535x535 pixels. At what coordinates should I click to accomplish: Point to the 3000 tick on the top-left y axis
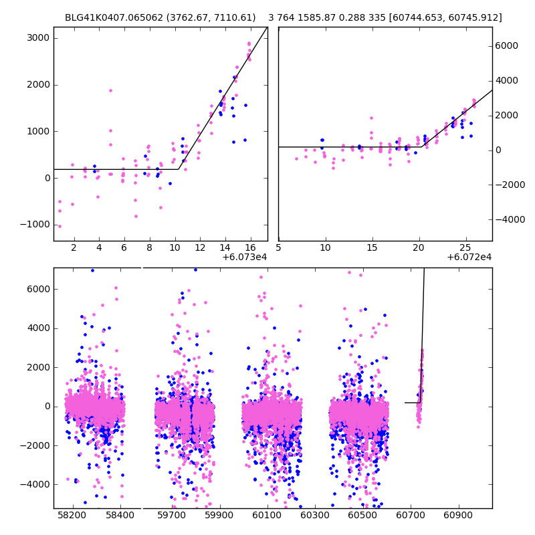click(37, 37)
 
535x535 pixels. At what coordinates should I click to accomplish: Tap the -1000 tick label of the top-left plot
click(35, 225)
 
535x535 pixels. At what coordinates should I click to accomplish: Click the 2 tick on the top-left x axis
click(74, 247)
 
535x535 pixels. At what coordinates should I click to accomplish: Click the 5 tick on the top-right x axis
click(279, 247)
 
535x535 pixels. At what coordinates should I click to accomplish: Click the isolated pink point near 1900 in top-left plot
click(110, 90)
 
